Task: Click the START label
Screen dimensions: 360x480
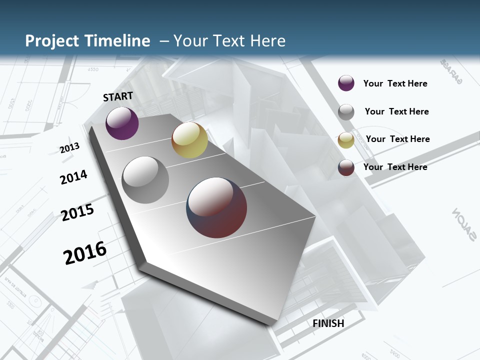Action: pyautogui.click(x=118, y=96)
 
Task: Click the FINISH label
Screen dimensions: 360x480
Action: pyautogui.click(x=328, y=323)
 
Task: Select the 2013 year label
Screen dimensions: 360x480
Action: pyautogui.click(x=70, y=148)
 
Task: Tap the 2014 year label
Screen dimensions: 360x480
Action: pyautogui.click(x=73, y=177)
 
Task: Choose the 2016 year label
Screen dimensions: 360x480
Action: pyautogui.click(x=85, y=253)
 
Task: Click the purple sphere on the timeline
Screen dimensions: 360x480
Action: pyautogui.click(x=122, y=123)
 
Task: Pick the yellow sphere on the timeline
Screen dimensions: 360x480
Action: pyautogui.click(x=189, y=140)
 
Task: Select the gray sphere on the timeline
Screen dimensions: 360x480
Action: pyautogui.click(x=145, y=180)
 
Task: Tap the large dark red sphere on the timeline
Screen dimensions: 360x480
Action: pyautogui.click(x=216, y=207)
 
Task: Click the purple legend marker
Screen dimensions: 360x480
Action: pyautogui.click(x=346, y=83)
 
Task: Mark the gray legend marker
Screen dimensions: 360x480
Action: pyautogui.click(x=346, y=112)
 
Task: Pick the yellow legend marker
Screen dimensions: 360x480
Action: pyautogui.click(x=346, y=140)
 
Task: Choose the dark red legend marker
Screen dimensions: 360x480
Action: pyautogui.click(x=346, y=167)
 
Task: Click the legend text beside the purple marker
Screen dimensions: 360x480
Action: pyautogui.click(x=395, y=83)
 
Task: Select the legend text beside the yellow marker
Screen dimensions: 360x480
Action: pyautogui.click(x=397, y=139)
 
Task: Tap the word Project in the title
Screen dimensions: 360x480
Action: pyautogui.click(x=52, y=41)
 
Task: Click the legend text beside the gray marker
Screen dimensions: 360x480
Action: pyautogui.click(x=396, y=111)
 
